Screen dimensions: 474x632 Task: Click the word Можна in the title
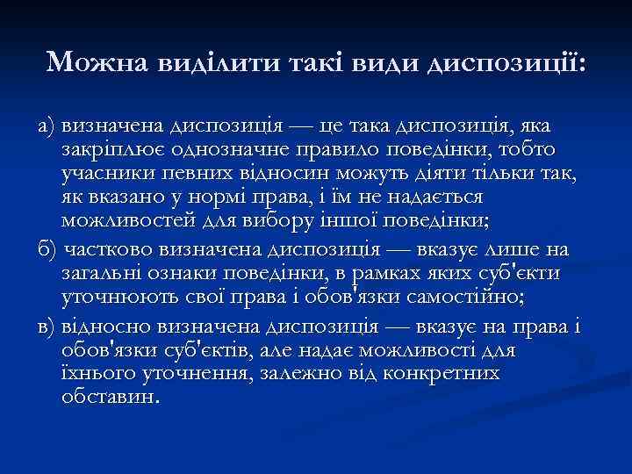coord(97,61)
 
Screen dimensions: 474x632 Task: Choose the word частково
coord(108,249)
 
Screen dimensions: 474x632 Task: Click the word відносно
coord(108,327)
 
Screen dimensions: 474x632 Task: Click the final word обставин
coord(109,396)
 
